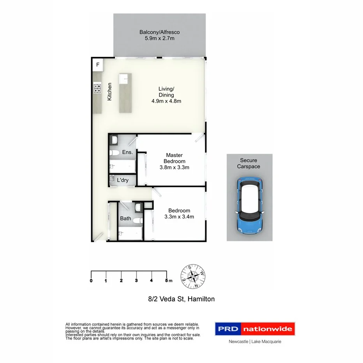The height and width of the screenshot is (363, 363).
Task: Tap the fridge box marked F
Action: tap(98, 64)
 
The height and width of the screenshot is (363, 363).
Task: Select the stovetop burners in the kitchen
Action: tap(97, 88)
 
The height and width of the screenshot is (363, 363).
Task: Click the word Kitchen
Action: tap(110, 92)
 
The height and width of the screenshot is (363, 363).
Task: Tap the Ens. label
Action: tap(127, 152)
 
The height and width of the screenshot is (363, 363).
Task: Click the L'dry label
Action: tap(123, 180)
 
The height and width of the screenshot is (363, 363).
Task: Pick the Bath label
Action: tap(125, 219)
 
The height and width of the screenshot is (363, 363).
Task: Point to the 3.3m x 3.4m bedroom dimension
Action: tap(179, 217)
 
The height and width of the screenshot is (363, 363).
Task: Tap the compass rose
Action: tap(193, 277)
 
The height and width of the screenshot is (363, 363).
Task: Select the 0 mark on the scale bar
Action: tap(91, 280)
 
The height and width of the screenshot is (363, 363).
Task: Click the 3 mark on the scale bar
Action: tap(136, 280)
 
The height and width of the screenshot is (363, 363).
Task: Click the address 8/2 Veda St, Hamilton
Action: tap(181, 299)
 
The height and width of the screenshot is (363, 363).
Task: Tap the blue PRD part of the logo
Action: tap(228, 329)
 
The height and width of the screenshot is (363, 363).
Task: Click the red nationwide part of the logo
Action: tap(268, 329)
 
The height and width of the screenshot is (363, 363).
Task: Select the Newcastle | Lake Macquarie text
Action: tap(255, 342)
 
